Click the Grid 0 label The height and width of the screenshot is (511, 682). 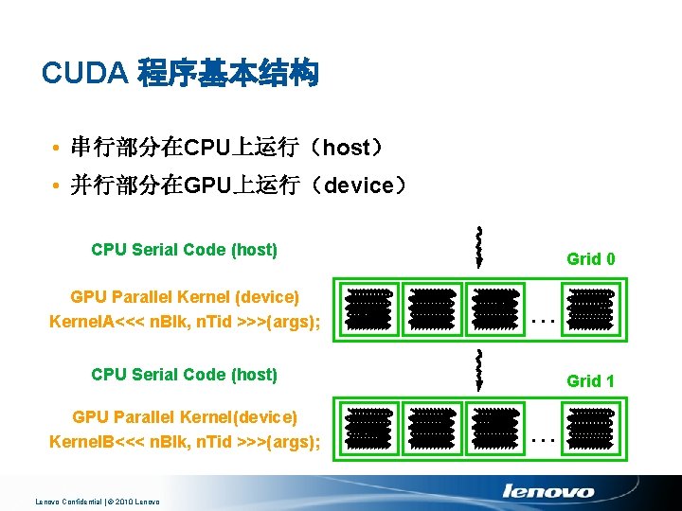(590, 258)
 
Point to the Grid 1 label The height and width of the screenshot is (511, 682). (590, 381)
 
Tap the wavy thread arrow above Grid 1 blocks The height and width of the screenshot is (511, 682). (480, 369)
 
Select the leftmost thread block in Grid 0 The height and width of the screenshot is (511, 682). (368, 308)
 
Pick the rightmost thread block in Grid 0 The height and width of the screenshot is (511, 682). (590, 308)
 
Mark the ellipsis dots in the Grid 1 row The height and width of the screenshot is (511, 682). (542, 440)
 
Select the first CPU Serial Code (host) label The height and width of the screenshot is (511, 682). (184, 250)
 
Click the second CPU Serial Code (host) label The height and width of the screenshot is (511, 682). (184, 374)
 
